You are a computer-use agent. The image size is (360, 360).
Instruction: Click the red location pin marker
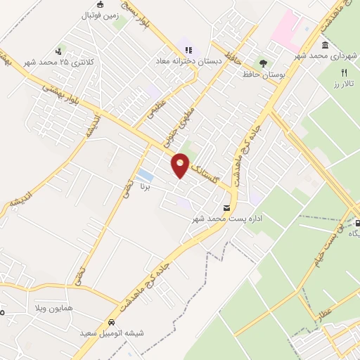[181, 165]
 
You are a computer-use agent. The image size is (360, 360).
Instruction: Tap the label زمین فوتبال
[98, 15]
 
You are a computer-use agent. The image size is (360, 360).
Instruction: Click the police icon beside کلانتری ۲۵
[60, 51]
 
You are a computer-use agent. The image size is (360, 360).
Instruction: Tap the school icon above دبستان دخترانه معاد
[188, 50]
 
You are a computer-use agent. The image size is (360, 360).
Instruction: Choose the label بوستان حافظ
[262, 73]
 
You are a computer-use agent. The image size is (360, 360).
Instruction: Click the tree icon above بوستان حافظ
[263, 62]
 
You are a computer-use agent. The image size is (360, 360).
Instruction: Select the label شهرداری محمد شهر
[320, 56]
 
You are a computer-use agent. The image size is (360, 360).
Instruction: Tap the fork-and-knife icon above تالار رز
[344, 72]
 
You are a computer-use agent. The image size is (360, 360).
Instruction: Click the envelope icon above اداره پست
[226, 208]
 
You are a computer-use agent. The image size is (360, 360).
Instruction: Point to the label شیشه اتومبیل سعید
[112, 333]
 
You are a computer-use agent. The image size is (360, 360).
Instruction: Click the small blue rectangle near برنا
[145, 174]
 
